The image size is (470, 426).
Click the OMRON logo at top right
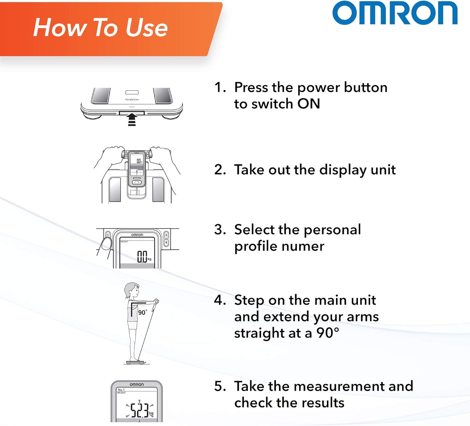tap(395, 13)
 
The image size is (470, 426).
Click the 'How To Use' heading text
tap(100, 28)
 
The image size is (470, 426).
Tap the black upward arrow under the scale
tap(132, 120)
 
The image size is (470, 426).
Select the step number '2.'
tap(220, 169)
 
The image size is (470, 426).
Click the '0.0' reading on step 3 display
tap(142, 257)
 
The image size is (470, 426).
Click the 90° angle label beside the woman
tap(142, 312)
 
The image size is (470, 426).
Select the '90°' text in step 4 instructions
tap(327, 333)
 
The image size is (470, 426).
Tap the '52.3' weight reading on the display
tap(139, 410)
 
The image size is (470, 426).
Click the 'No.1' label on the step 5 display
tap(121, 390)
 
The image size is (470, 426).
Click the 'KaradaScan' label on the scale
tap(132, 100)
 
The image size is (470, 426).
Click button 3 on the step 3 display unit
tap(166, 235)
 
